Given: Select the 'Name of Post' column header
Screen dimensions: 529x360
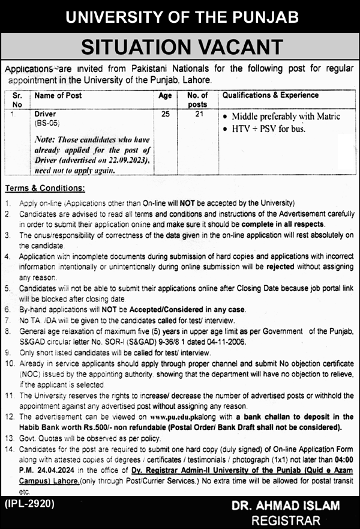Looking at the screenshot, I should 58,95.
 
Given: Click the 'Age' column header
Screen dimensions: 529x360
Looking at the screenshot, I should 166,95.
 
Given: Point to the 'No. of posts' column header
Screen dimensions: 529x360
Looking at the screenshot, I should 197,99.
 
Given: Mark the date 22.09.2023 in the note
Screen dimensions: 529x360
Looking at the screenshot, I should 128,161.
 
